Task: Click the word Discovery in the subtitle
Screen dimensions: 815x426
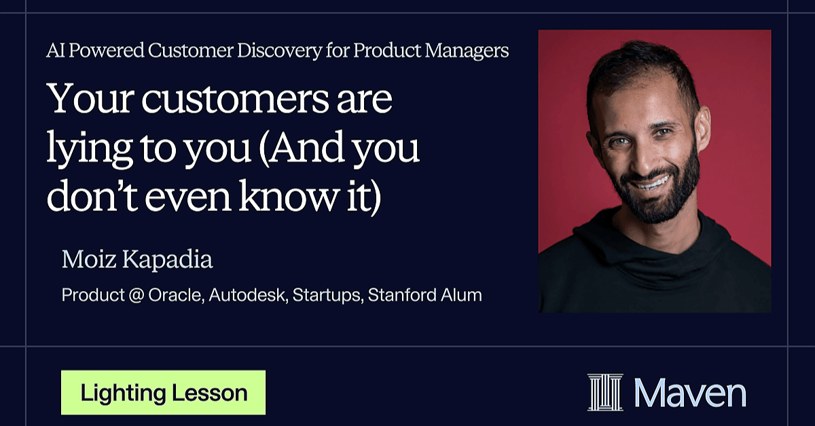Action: [x=279, y=51]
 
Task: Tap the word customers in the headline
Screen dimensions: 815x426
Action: [x=235, y=99]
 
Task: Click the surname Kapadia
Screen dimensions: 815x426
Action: [x=167, y=260]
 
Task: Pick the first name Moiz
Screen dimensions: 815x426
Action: [x=89, y=259]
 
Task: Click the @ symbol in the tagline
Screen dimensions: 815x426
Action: [x=137, y=295]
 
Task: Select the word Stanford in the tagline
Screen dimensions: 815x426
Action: [x=401, y=295]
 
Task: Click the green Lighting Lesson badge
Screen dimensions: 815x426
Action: [x=164, y=393]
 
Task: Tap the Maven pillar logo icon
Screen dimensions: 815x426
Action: [x=605, y=393]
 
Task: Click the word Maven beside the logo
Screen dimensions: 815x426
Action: [x=690, y=393]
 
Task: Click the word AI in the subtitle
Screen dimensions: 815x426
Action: [x=55, y=50]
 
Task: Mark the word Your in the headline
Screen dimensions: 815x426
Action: [x=91, y=99]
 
